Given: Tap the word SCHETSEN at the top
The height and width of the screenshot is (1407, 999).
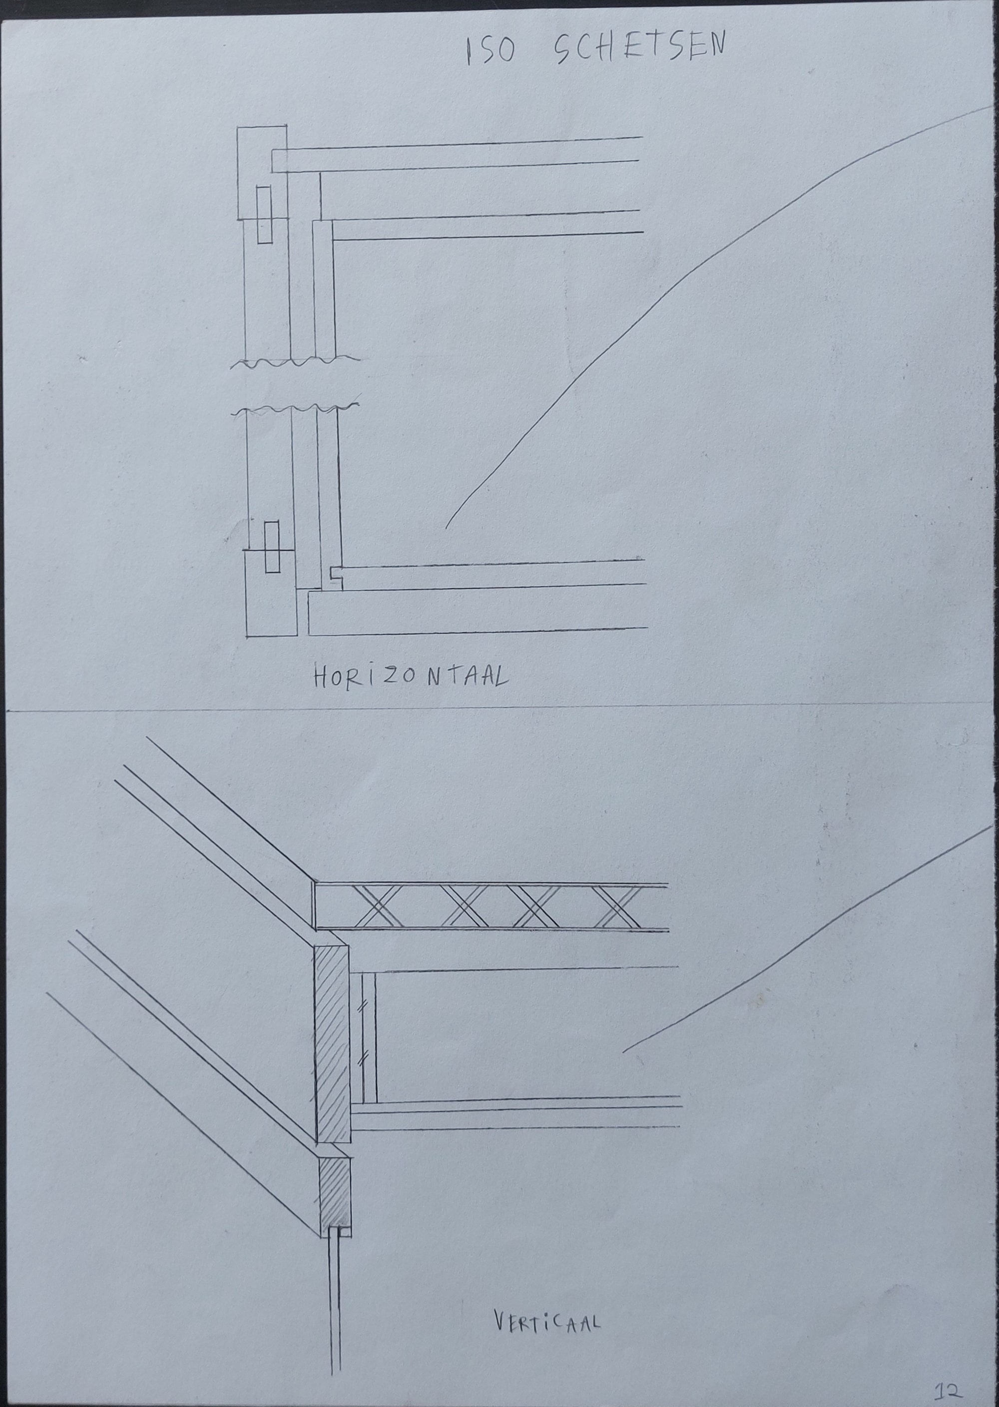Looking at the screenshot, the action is (640, 47).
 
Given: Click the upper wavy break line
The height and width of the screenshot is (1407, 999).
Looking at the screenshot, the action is (295, 362).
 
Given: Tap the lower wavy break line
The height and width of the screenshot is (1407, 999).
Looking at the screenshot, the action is (295, 409).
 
